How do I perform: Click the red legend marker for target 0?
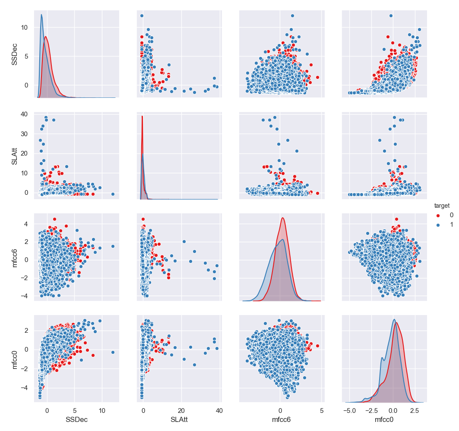(439, 215)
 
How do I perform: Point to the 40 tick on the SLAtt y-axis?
(25, 114)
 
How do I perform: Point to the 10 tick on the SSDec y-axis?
(25, 27)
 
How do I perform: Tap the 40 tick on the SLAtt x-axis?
(219, 409)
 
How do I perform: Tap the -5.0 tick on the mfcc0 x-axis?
(350, 409)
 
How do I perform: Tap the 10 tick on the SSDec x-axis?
(102, 409)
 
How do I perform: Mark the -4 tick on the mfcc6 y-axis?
(25, 296)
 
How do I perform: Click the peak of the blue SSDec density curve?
(41, 15)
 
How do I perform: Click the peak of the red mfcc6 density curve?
(282, 218)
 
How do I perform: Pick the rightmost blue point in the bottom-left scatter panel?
(113, 352)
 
